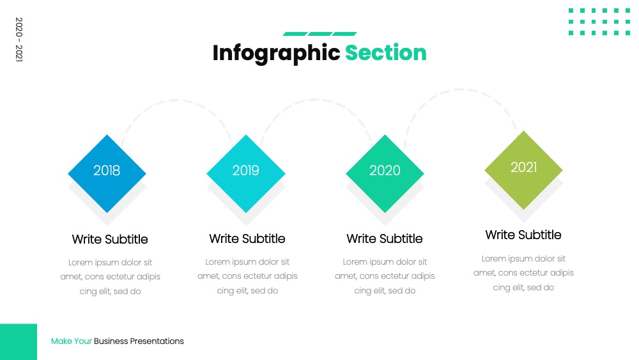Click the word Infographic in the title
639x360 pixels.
[276, 54]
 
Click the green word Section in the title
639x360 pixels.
[385, 53]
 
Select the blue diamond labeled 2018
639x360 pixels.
[107, 174]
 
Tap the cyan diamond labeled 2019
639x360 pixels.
[246, 174]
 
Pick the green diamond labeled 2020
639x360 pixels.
[385, 174]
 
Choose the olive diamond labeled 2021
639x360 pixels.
[524, 170]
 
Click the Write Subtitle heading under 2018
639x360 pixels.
[110, 239]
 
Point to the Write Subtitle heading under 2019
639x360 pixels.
[247, 239]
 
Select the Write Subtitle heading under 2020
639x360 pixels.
[385, 239]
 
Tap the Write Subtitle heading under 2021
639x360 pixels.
[523, 235]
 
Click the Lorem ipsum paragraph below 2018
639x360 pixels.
[110, 277]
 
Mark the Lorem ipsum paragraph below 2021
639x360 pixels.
[524, 273]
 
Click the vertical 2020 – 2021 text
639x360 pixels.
[19, 40]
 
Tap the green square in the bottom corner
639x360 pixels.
[19, 341]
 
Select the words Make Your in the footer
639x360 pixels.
[72, 341]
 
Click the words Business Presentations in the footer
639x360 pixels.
[139, 341]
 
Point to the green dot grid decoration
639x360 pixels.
[599, 22]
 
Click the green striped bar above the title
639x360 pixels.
[320, 34]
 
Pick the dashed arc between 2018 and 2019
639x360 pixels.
[176, 100]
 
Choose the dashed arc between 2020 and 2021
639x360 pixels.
[461, 90]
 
